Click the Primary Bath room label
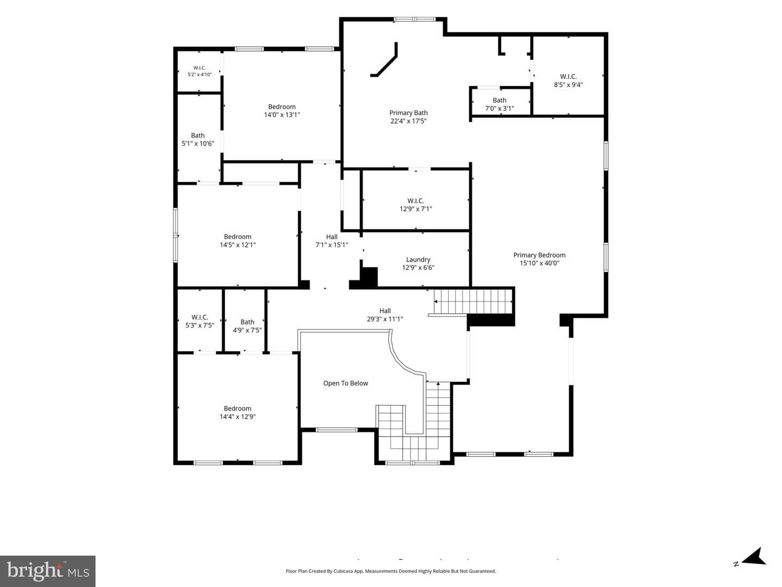pos(408,113)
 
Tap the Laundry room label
pos(418,260)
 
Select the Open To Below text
pos(345,383)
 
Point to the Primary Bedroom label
pos(539,255)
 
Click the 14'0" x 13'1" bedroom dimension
pos(282,115)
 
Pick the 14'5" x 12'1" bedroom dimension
pos(238,245)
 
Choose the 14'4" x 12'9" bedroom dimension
pos(238,416)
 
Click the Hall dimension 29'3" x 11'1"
pos(385,319)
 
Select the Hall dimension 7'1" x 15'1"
pos(332,245)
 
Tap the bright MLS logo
pos(48,571)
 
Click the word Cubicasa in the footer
pos(343,571)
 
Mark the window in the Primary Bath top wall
pos(414,20)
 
